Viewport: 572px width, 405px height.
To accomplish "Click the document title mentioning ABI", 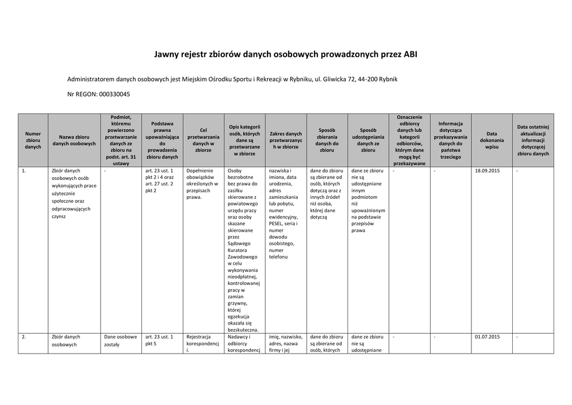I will click(x=285, y=55).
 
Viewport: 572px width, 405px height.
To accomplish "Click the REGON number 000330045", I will click(x=115, y=94).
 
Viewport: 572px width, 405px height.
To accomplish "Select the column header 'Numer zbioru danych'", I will click(x=33, y=140).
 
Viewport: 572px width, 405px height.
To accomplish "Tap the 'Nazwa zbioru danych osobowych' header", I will click(x=74, y=140).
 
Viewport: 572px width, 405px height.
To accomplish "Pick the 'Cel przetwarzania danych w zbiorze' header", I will click(x=203, y=140).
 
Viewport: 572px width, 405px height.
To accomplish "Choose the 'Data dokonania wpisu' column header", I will click(x=492, y=140).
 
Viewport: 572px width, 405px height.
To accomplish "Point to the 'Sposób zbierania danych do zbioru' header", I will click(x=327, y=140).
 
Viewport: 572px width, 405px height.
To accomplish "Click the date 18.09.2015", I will click(x=487, y=171).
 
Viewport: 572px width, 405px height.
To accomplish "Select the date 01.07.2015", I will click(x=487, y=337).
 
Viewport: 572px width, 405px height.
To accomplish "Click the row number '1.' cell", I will click(x=24, y=171).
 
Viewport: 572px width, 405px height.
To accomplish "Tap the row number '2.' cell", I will click(x=24, y=337).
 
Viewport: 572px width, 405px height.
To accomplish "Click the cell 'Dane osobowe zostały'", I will click(x=120, y=341).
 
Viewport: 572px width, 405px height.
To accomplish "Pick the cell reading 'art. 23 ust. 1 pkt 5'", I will click(x=159, y=341).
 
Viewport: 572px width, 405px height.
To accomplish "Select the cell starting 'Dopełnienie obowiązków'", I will click(x=202, y=184).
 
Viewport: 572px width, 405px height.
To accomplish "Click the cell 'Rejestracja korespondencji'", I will click(x=202, y=344).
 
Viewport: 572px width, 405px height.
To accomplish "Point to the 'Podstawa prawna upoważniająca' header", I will click(x=162, y=140).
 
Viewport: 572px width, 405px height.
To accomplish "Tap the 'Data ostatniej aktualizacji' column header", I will click(x=533, y=140).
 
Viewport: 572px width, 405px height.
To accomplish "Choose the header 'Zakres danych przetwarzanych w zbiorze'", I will click(x=285, y=140).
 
